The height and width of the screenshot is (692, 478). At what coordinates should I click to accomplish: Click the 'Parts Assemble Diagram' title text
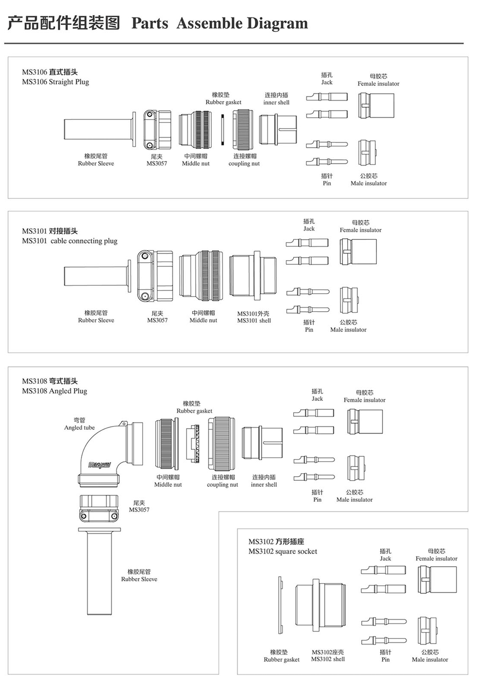tap(219, 23)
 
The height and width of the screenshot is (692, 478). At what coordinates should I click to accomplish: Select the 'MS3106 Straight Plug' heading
tap(55, 82)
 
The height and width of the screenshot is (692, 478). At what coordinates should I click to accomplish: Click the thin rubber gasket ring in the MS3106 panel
tap(223, 129)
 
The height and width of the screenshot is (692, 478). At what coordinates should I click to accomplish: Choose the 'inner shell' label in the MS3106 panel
tap(276, 102)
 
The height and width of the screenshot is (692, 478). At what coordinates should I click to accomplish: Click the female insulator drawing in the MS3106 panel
tap(376, 106)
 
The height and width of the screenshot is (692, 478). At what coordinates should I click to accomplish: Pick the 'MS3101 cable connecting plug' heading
tap(70, 241)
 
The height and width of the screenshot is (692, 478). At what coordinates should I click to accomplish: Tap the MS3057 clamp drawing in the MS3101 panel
tap(155, 276)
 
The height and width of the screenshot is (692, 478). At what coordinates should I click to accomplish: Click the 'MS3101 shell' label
tap(254, 320)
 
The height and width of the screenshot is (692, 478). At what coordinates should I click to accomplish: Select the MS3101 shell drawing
tap(253, 276)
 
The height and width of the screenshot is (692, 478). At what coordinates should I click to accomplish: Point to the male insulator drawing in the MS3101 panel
tap(349, 300)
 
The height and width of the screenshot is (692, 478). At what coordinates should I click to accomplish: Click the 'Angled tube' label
tap(79, 427)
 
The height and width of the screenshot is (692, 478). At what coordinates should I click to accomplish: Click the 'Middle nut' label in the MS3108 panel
tap(168, 484)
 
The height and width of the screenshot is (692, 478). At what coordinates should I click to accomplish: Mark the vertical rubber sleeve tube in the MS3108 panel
tap(99, 572)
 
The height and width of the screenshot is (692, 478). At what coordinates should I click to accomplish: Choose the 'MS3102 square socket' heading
tap(283, 551)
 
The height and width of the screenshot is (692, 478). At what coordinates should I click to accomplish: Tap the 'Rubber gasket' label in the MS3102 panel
tap(281, 659)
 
